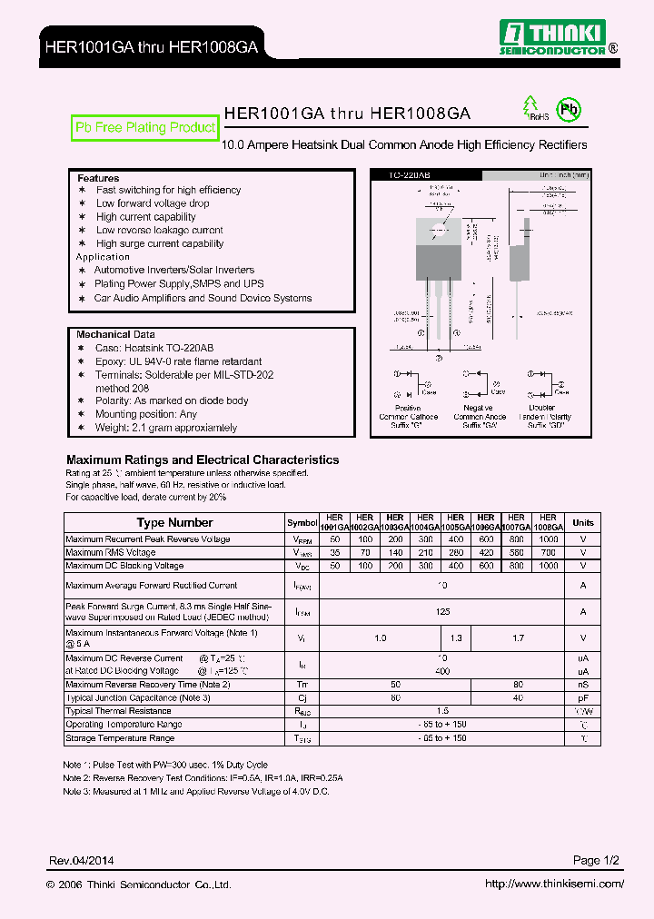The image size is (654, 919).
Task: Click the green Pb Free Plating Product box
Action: tap(145, 128)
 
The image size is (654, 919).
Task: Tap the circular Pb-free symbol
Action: tap(569, 110)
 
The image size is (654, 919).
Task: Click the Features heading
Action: tap(98, 178)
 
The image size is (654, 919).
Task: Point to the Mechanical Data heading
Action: tap(115, 334)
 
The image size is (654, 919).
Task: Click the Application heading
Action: tap(103, 257)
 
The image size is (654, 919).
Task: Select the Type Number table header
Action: tap(174, 522)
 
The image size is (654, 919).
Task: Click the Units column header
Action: tap(583, 522)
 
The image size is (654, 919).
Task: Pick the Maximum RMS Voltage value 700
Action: tap(547, 552)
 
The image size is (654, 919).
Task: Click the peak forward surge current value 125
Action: tap(442, 612)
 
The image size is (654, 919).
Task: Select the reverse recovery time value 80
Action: tap(517, 684)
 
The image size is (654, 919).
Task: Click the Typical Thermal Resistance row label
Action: tap(118, 711)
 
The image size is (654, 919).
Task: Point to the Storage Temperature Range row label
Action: tap(120, 738)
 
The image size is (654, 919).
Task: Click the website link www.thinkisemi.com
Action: tap(554, 884)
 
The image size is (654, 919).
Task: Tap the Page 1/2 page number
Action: tap(597, 860)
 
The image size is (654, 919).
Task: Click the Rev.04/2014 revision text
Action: tap(82, 860)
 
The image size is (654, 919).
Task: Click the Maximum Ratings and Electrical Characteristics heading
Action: tap(203, 460)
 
